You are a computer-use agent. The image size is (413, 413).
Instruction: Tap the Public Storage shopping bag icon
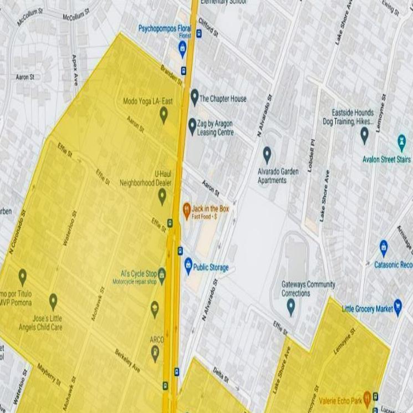pos(188,266)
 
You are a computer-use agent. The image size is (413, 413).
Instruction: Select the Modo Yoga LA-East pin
pos(164,115)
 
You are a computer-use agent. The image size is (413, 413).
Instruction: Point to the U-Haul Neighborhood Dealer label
pos(146,179)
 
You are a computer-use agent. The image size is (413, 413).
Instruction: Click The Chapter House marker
pos(195,97)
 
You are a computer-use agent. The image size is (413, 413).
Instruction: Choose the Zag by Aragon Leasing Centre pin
pos(192,126)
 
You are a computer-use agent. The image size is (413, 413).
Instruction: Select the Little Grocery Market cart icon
pos(397,308)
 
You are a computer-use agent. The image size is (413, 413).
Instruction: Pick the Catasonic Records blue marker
pos(383,247)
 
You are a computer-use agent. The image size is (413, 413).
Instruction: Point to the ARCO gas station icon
pos(155,351)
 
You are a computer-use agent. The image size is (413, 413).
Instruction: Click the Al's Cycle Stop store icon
pos(161,273)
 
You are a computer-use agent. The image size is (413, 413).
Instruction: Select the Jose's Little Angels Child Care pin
pos(53,302)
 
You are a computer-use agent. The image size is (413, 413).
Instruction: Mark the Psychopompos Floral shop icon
pos(182,48)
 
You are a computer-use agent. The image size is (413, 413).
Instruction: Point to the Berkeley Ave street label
pos(128,361)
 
